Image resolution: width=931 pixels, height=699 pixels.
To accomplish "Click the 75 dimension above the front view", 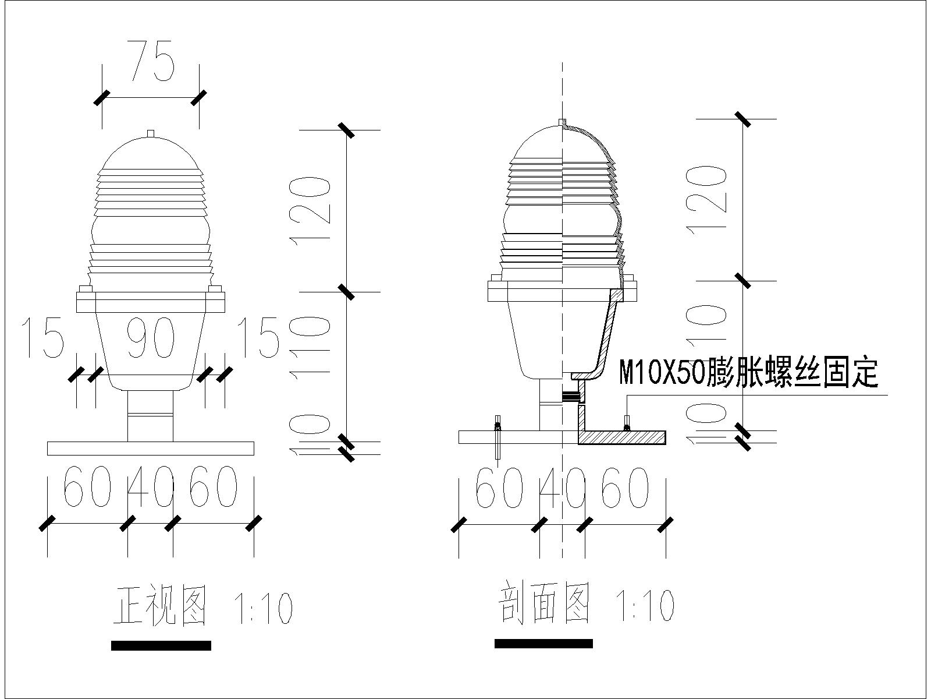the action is tap(151, 59).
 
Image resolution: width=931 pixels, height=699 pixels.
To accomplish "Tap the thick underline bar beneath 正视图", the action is tap(161, 645).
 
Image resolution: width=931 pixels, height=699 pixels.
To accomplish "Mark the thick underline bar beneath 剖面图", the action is tap(543, 644).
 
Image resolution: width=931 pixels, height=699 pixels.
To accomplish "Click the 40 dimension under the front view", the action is tap(151, 486).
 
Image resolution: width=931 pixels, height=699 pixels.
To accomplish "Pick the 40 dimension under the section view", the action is tap(563, 486).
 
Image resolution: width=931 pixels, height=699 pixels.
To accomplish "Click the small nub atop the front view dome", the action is tap(151, 134).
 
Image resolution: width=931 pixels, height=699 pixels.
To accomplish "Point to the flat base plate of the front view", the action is tap(151, 448).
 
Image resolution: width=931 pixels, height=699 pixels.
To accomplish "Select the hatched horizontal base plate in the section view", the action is tap(622, 437).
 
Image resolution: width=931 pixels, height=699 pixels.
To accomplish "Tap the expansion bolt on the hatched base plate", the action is tap(627, 423).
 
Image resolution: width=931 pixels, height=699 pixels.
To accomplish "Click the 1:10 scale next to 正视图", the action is tap(262, 608).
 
